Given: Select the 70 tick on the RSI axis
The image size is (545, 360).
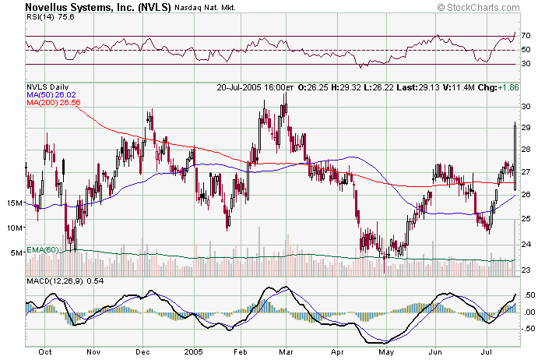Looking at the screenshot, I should pyautogui.click(x=526, y=36).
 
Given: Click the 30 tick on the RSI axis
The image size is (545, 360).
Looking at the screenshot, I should pyautogui.click(x=526, y=64).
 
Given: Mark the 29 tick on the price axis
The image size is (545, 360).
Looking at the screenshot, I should pyautogui.click(x=526, y=127).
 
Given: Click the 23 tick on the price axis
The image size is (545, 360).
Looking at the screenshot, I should pyautogui.click(x=526, y=270).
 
